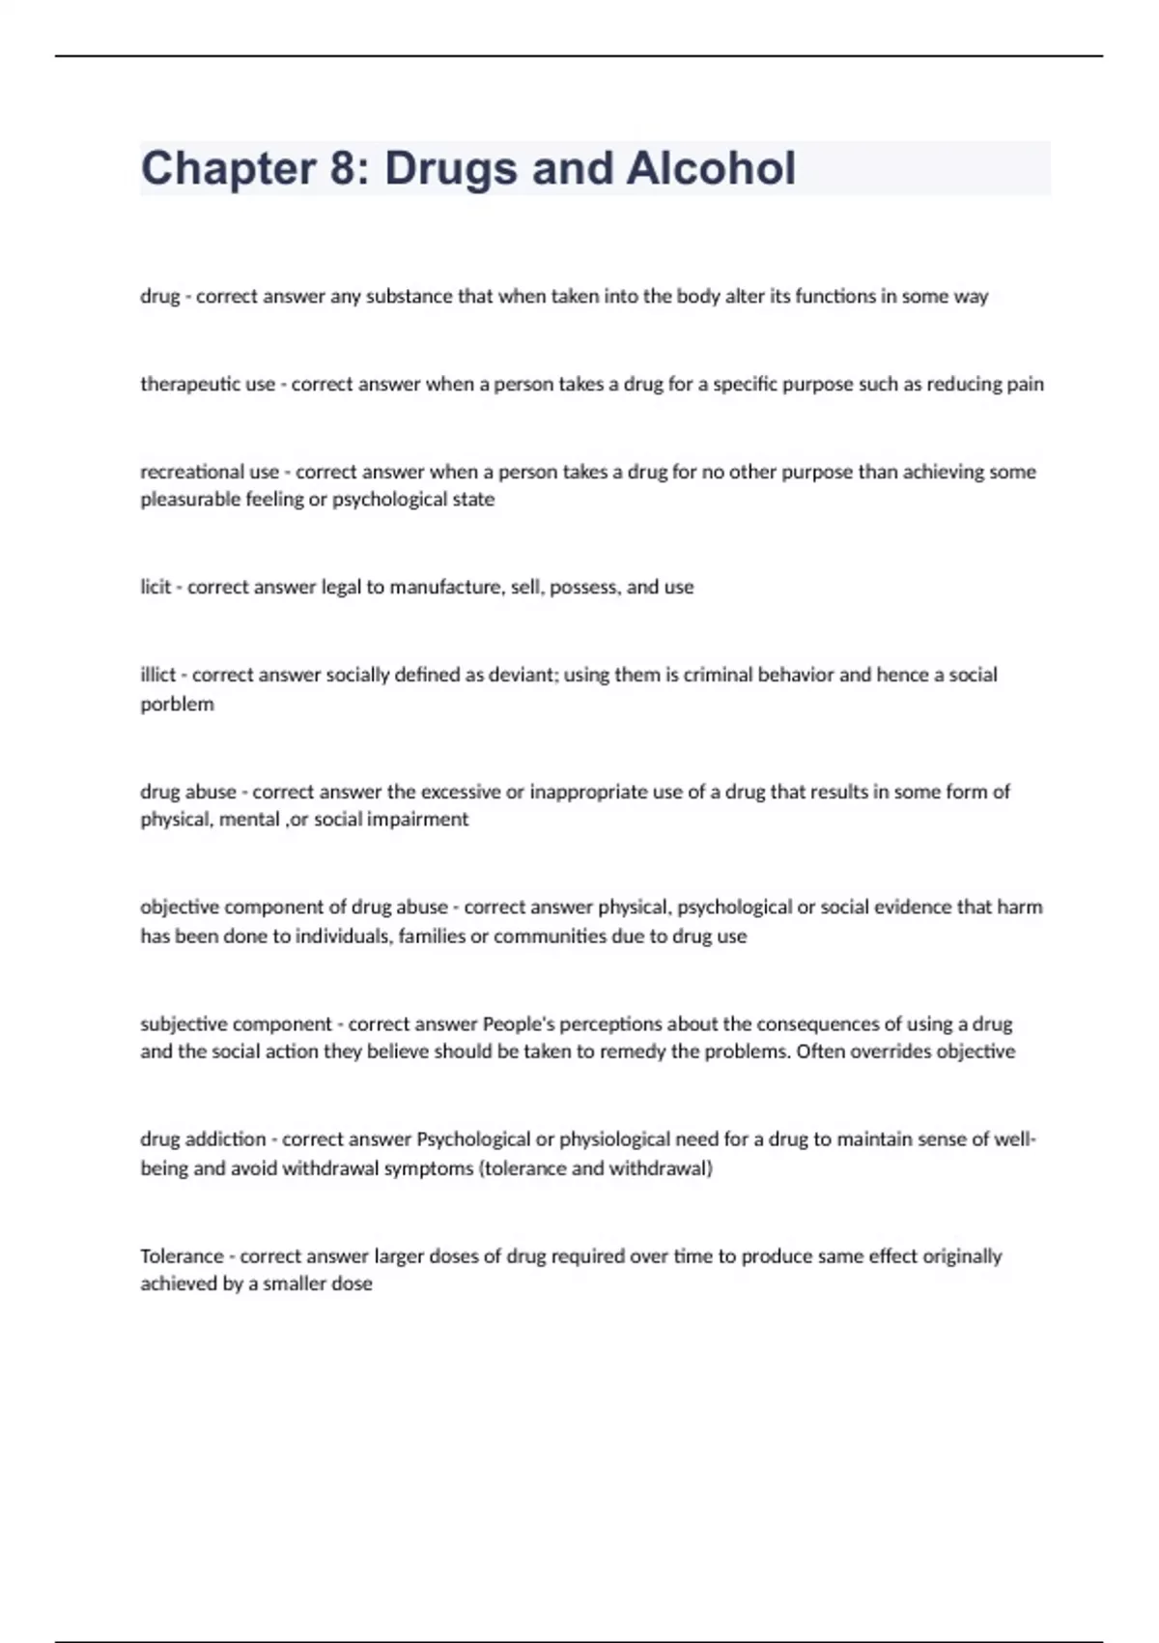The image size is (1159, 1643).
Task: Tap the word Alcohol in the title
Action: coord(711,169)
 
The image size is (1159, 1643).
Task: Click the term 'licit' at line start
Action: coord(155,588)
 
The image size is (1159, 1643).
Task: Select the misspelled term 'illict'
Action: coord(157,676)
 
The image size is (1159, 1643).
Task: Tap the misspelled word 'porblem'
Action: coord(177,705)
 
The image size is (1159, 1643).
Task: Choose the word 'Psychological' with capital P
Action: coord(473,1139)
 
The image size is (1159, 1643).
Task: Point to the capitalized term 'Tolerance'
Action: coord(182,1256)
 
